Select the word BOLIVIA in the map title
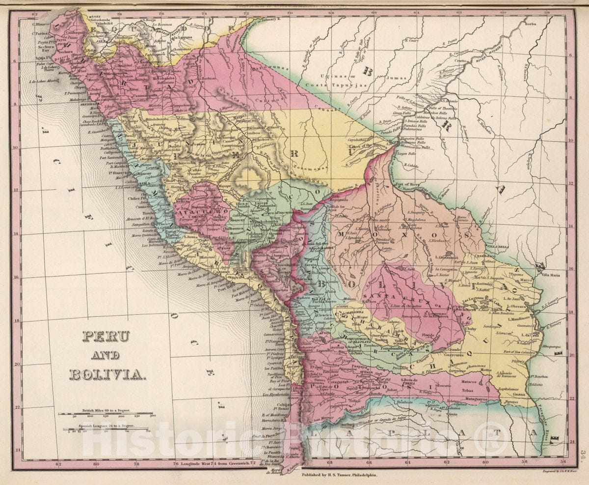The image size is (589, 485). (107, 374)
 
